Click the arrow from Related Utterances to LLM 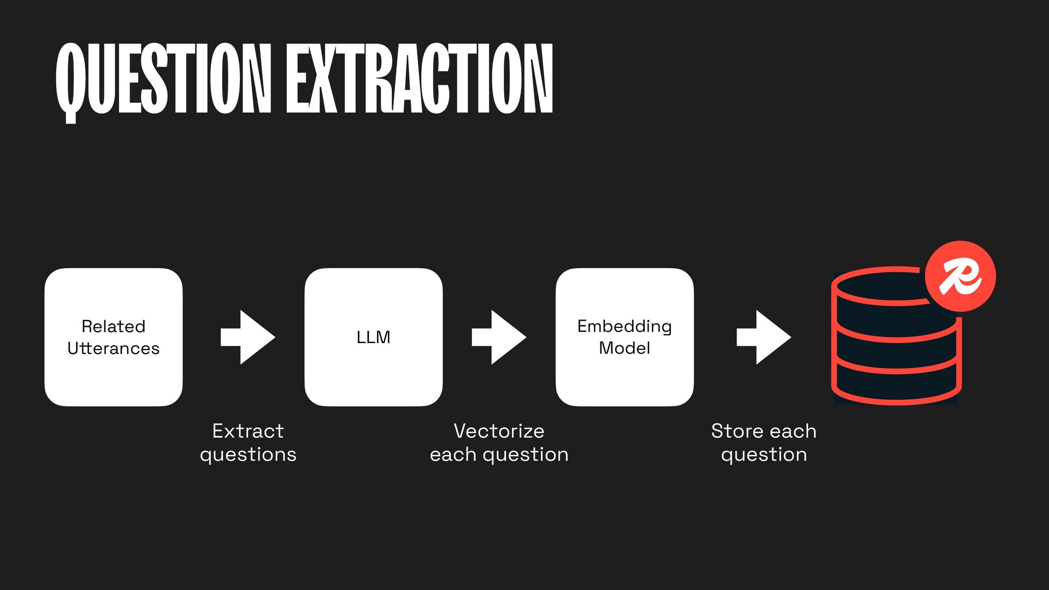point(247,337)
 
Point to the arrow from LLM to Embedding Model point(499,337)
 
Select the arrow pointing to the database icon point(763,337)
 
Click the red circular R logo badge point(960,276)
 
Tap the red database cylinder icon point(894,350)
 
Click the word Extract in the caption point(248,431)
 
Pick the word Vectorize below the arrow point(499,431)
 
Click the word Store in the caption point(736,431)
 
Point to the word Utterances point(114,349)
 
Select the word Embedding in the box point(624,326)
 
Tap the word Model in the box point(624,348)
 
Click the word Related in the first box point(114,326)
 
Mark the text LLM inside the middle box point(374,337)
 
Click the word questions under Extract point(248,455)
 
